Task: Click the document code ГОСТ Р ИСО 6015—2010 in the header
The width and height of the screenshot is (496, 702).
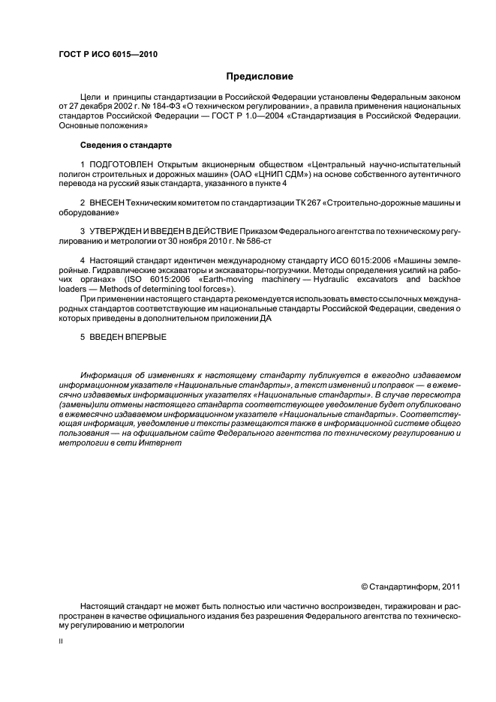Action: click(x=108, y=55)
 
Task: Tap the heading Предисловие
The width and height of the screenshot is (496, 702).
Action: click(x=260, y=76)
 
